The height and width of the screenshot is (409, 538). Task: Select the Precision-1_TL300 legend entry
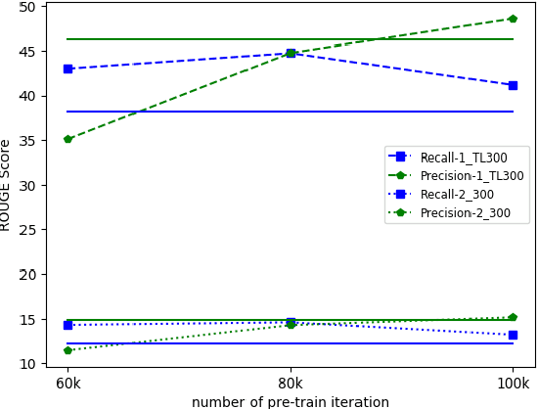tap(457, 175)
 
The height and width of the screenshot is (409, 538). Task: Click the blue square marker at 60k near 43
tap(67, 68)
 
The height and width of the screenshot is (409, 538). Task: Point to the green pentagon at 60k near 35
tap(67, 139)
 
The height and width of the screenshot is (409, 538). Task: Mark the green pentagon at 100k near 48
tap(513, 19)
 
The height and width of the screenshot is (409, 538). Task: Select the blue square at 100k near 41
tap(513, 85)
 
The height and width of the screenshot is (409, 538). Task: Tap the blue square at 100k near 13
tap(513, 335)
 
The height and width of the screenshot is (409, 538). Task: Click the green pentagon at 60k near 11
tap(67, 349)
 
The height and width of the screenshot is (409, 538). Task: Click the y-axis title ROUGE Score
tap(7, 185)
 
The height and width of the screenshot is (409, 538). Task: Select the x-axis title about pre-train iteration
tap(291, 401)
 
